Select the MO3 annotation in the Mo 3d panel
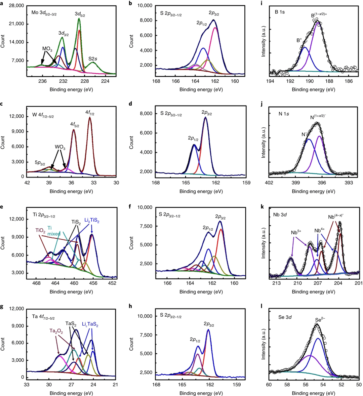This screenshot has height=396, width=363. pyautogui.click(x=47, y=49)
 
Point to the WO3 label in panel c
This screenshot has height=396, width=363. pyautogui.click(x=60, y=147)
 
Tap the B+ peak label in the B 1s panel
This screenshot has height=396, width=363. pyautogui.click(x=299, y=41)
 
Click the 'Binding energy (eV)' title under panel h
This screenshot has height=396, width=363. pyautogui.click(x=201, y=393)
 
